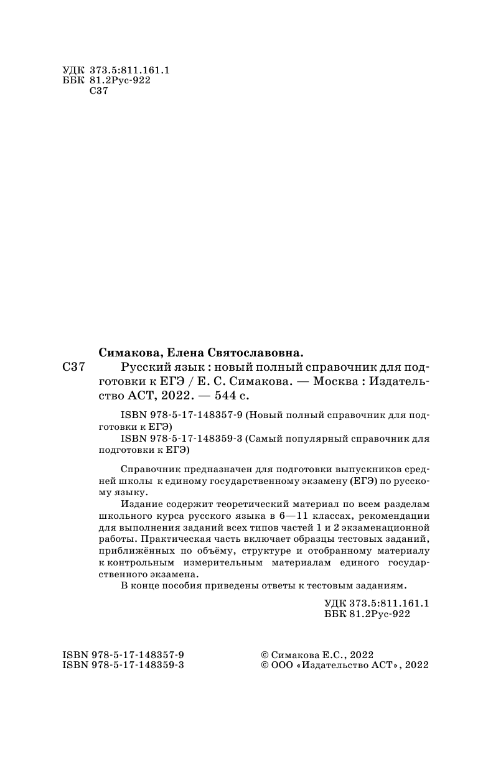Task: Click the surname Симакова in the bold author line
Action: coord(129,351)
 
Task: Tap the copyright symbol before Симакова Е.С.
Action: coord(265,655)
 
